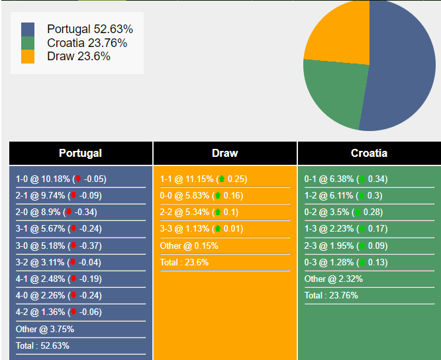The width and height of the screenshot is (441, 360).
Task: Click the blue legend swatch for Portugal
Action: [28, 30]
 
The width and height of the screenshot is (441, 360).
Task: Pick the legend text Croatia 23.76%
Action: [87, 43]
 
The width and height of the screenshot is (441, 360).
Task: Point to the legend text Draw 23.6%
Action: [79, 56]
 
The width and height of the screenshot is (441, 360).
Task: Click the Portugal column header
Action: [80, 153]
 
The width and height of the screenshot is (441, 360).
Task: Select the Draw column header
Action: [224, 153]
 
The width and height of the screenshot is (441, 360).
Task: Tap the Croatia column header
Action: [369, 153]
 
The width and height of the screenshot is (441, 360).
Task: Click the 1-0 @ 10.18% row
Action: [61, 179]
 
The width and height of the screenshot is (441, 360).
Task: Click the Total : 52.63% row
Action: [42, 345]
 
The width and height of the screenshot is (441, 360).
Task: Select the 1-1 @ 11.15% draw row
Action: [203, 179]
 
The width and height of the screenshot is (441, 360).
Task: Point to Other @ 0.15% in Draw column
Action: [189, 246]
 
